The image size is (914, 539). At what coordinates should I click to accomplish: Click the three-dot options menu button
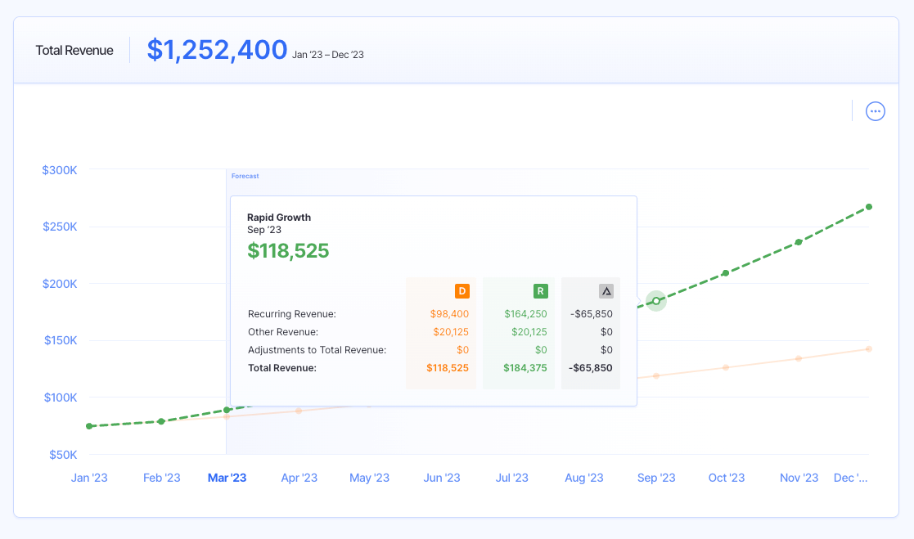point(876,111)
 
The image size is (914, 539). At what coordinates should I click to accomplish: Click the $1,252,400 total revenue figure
point(217,50)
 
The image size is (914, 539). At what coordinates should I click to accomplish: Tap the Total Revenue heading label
point(74,51)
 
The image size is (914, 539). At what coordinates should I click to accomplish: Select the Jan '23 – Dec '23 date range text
point(328,55)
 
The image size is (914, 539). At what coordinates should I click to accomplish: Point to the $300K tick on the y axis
point(60,170)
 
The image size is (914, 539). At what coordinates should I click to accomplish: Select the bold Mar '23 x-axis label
point(227,478)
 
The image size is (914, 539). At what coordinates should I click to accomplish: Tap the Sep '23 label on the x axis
point(656,478)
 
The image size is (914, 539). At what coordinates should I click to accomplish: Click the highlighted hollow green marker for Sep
point(656,301)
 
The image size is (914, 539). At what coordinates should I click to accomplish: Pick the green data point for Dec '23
point(869,207)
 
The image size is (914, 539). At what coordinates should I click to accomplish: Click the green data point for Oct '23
point(726,272)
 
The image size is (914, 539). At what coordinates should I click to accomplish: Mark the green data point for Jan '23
point(89,426)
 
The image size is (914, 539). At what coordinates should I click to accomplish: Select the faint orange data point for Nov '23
point(799,358)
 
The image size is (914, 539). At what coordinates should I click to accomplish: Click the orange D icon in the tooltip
point(462,291)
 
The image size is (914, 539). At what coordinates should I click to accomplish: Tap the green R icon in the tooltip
point(540,291)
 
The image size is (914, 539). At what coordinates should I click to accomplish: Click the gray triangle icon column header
point(606,291)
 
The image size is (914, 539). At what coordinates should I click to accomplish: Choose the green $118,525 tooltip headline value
point(288,251)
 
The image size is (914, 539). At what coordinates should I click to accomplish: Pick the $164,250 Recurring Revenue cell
point(525,314)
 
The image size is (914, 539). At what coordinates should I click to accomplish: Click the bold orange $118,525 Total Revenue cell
point(448,368)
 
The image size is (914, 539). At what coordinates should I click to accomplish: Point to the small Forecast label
point(245,176)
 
